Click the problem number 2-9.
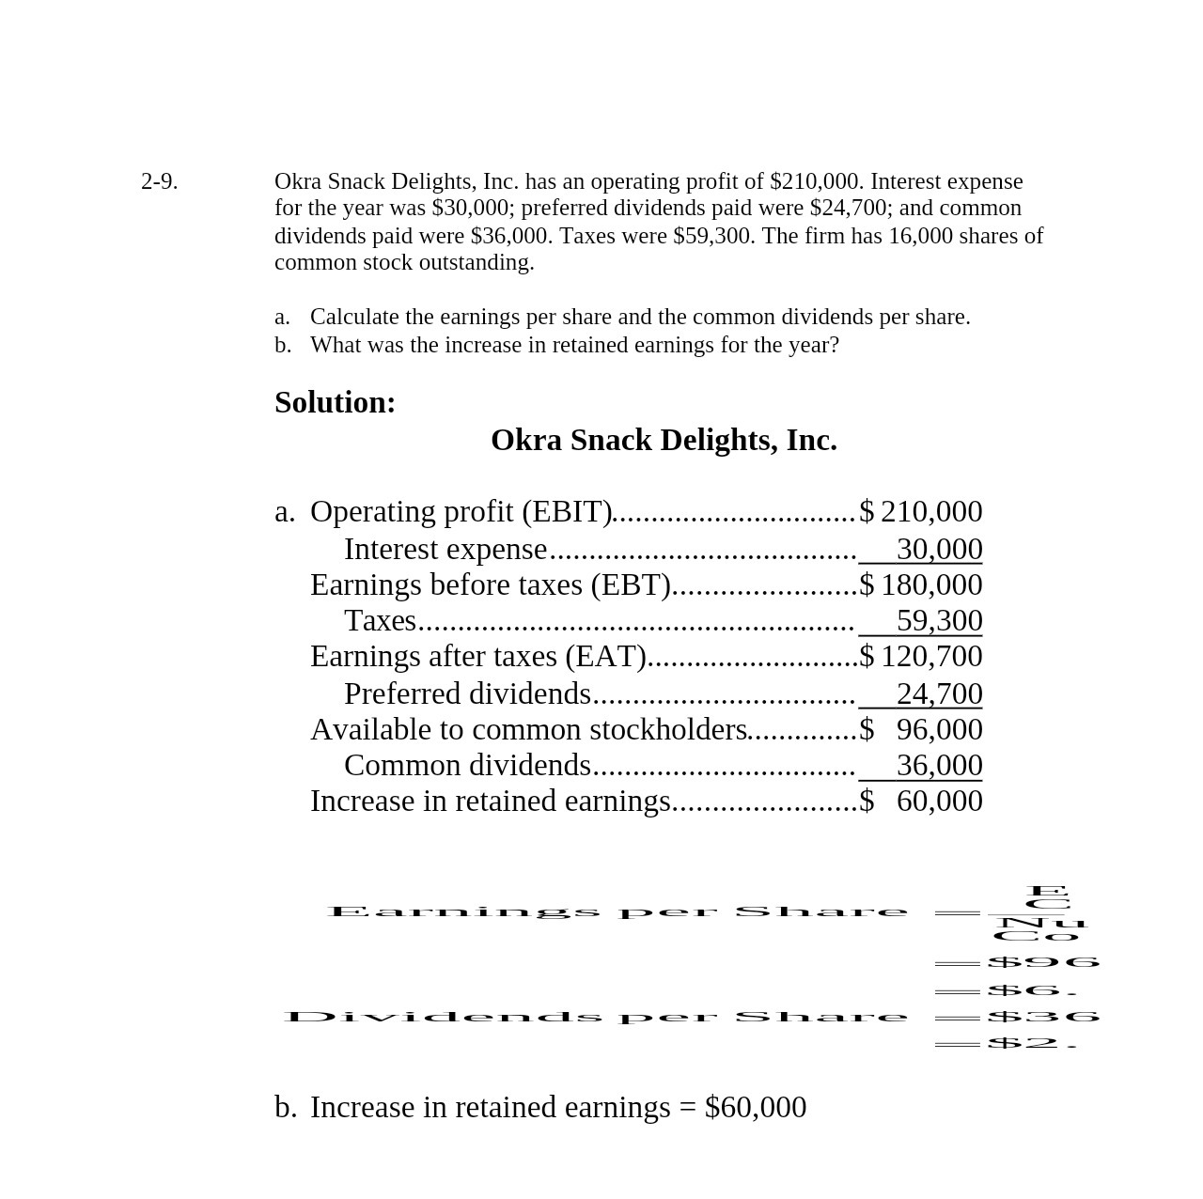click(159, 181)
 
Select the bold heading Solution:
click(335, 402)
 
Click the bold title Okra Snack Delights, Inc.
click(664, 440)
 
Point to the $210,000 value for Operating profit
click(921, 511)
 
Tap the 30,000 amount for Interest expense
click(939, 549)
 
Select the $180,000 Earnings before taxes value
click(921, 584)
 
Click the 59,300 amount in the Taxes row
click(939, 620)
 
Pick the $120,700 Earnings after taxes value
click(921, 656)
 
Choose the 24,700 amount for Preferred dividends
click(939, 693)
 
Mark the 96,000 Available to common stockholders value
click(939, 729)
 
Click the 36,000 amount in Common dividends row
click(939, 765)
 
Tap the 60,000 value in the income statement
click(939, 801)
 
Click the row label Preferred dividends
click(467, 693)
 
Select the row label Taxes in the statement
click(380, 620)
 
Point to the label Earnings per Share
click(617, 911)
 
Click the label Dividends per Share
click(596, 1017)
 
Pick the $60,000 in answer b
click(755, 1107)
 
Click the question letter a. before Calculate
click(282, 317)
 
